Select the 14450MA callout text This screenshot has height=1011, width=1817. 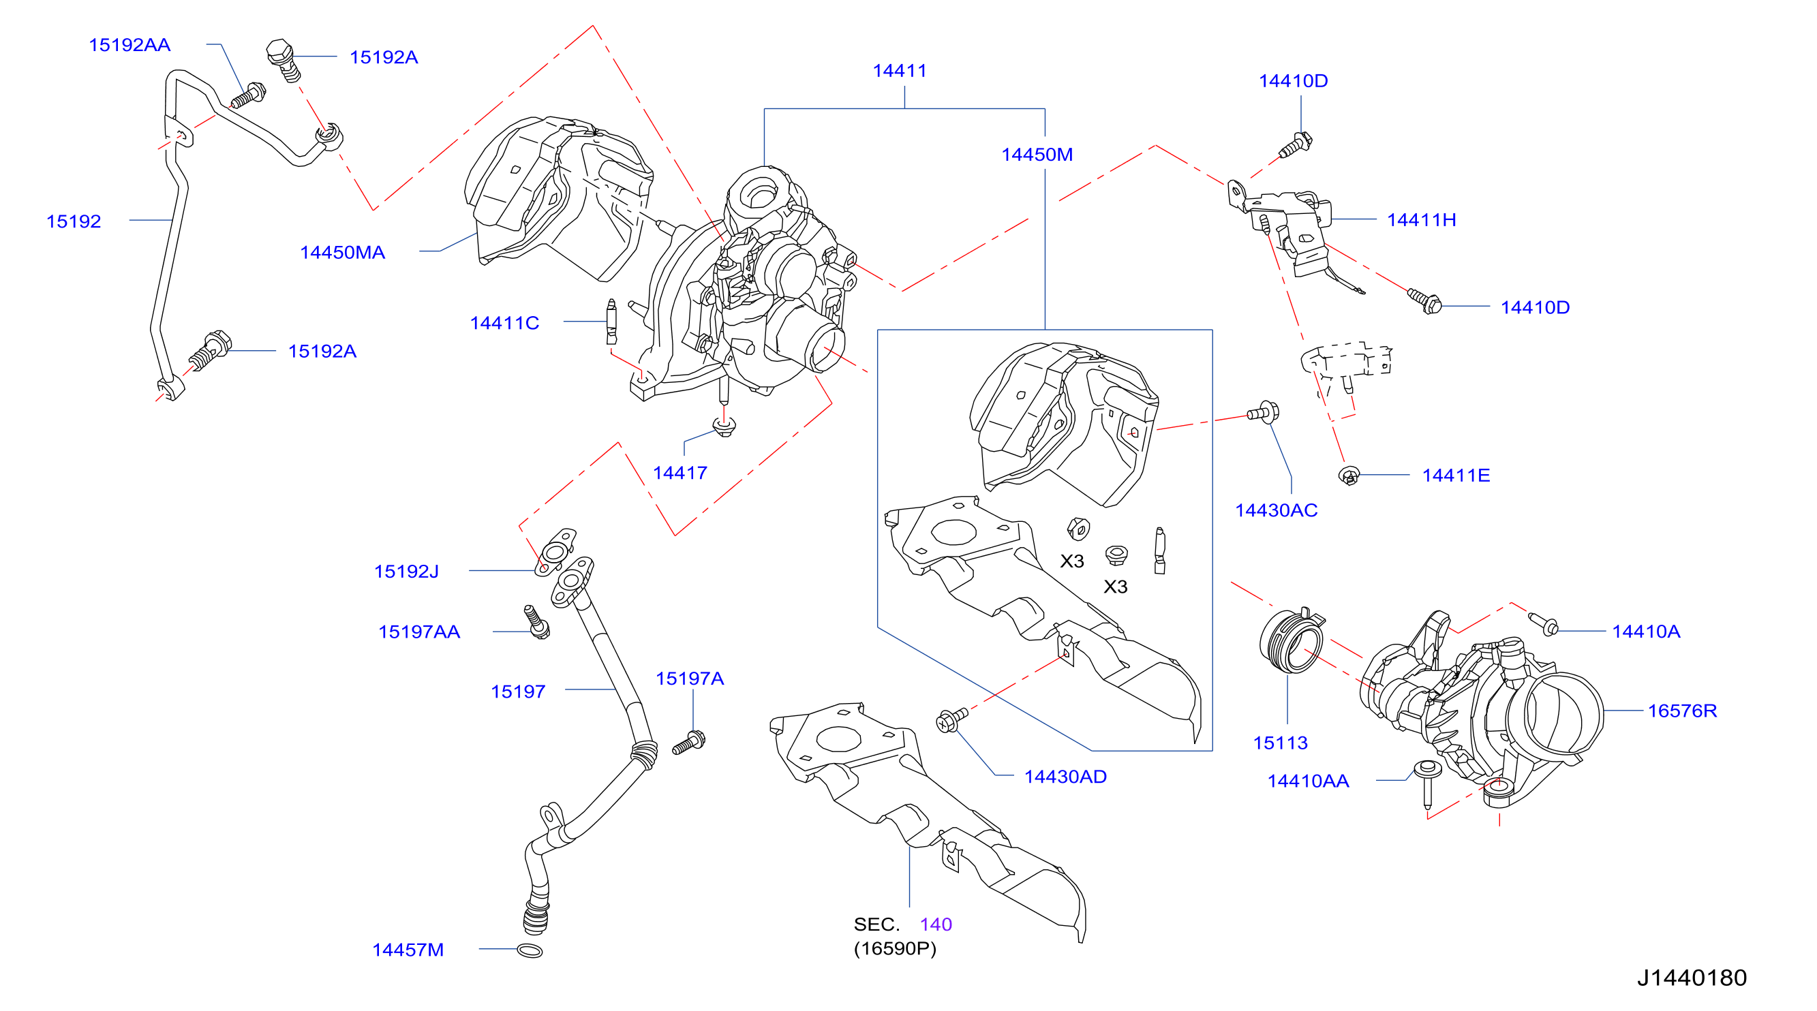pyautogui.click(x=342, y=252)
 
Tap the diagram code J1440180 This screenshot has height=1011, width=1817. pyautogui.click(x=1692, y=977)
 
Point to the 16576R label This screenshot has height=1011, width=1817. pyautogui.click(x=1681, y=711)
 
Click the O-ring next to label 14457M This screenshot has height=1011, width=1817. pyautogui.click(x=530, y=950)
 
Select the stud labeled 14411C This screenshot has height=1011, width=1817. pyautogui.click(x=611, y=322)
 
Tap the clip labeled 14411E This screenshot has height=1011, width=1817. pyautogui.click(x=1349, y=476)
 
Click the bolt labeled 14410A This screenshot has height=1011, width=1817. pyautogui.click(x=1543, y=624)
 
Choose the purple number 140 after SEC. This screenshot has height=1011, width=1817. pyautogui.click(x=935, y=924)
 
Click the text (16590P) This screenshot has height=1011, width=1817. pyautogui.click(x=895, y=948)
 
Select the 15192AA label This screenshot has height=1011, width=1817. pyautogui.click(x=129, y=45)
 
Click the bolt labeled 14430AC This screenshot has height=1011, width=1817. pyautogui.click(x=1264, y=411)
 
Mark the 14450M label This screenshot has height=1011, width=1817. pyautogui.click(x=1037, y=155)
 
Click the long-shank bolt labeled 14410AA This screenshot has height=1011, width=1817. pyautogui.click(x=1427, y=783)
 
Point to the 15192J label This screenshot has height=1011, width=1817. pyautogui.click(x=406, y=571)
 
